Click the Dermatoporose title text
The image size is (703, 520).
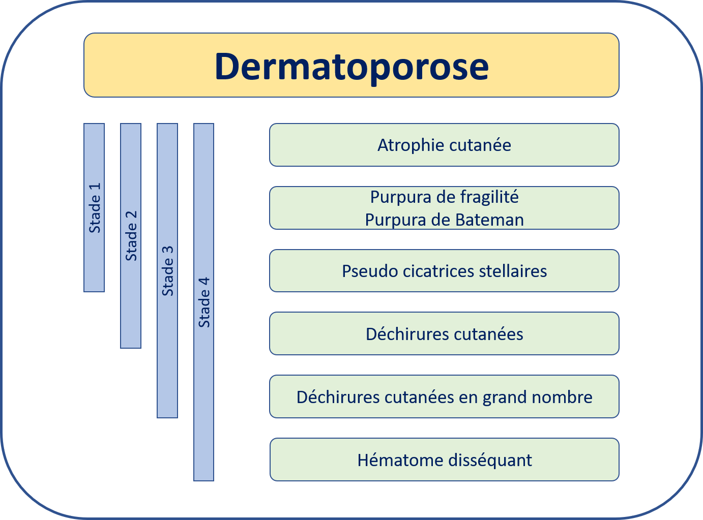click(x=352, y=67)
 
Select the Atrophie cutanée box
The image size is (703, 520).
click(x=444, y=145)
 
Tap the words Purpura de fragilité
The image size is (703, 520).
click(x=445, y=197)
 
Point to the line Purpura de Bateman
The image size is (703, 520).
click(x=445, y=220)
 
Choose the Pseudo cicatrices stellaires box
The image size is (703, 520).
click(x=444, y=271)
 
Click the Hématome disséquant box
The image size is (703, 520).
click(x=445, y=460)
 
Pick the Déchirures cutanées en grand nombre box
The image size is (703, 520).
click(x=444, y=397)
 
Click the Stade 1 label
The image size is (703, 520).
click(x=95, y=208)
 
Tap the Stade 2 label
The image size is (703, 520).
click(x=131, y=236)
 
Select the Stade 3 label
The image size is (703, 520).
click(x=168, y=271)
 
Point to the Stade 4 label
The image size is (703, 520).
click(x=204, y=302)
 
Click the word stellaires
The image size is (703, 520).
click(x=513, y=271)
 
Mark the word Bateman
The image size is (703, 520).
click(x=489, y=220)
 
